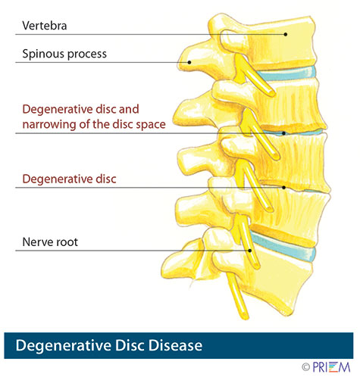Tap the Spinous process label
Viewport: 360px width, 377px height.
point(64,55)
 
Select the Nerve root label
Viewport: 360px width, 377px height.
point(52,243)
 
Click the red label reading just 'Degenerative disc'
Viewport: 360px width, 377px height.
point(69,179)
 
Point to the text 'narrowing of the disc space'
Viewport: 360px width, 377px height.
point(93,124)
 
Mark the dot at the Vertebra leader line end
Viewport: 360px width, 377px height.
point(285,34)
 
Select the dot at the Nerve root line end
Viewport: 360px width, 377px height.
point(250,250)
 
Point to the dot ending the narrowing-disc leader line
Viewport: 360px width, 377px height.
point(283,133)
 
